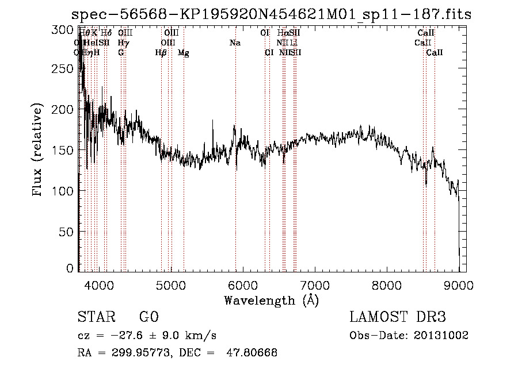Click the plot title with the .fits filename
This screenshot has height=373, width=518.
tap(271, 14)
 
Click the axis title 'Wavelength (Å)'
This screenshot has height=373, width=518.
tap(271, 300)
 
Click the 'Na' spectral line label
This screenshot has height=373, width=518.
tap(235, 43)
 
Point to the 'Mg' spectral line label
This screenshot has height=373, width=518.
tap(184, 53)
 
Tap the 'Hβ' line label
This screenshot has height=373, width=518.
tap(161, 53)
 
